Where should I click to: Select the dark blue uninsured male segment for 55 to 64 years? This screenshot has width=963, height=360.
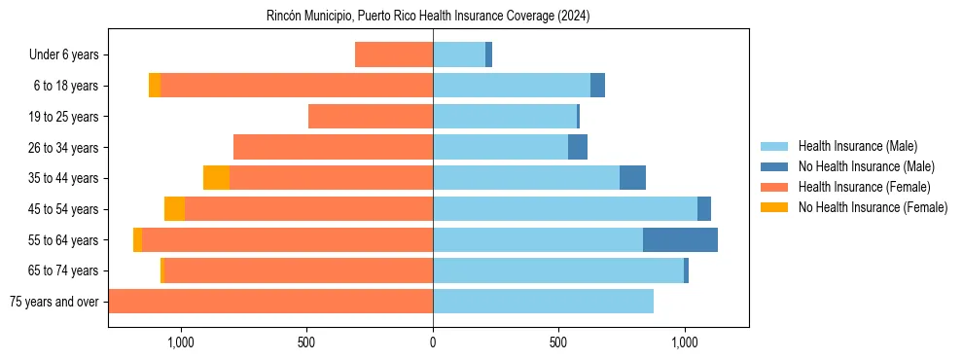[x=680, y=239]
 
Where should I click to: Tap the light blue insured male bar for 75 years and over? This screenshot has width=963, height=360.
[x=543, y=302]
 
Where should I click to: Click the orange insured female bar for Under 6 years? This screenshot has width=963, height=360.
[x=394, y=54]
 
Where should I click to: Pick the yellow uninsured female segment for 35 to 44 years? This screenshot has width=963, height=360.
[x=216, y=178]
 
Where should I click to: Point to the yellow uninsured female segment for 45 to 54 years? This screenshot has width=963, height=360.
[x=174, y=209]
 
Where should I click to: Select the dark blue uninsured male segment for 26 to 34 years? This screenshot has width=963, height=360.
[x=578, y=147]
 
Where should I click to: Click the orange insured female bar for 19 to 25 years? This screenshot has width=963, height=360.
[x=371, y=117]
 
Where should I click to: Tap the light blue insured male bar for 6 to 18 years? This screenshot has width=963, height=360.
[x=512, y=86]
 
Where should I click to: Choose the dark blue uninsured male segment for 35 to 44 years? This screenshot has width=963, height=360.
[x=632, y=178]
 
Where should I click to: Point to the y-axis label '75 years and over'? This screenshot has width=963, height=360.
[x=53, y=302]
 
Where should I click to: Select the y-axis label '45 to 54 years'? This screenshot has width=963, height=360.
[x=65, y=209]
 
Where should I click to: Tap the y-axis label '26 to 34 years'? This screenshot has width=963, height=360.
[x=65, y=148]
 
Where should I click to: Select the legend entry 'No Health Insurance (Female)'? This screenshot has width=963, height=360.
[x=873, y=207]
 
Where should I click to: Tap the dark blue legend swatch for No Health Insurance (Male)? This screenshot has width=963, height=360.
[x=775, y=166]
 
